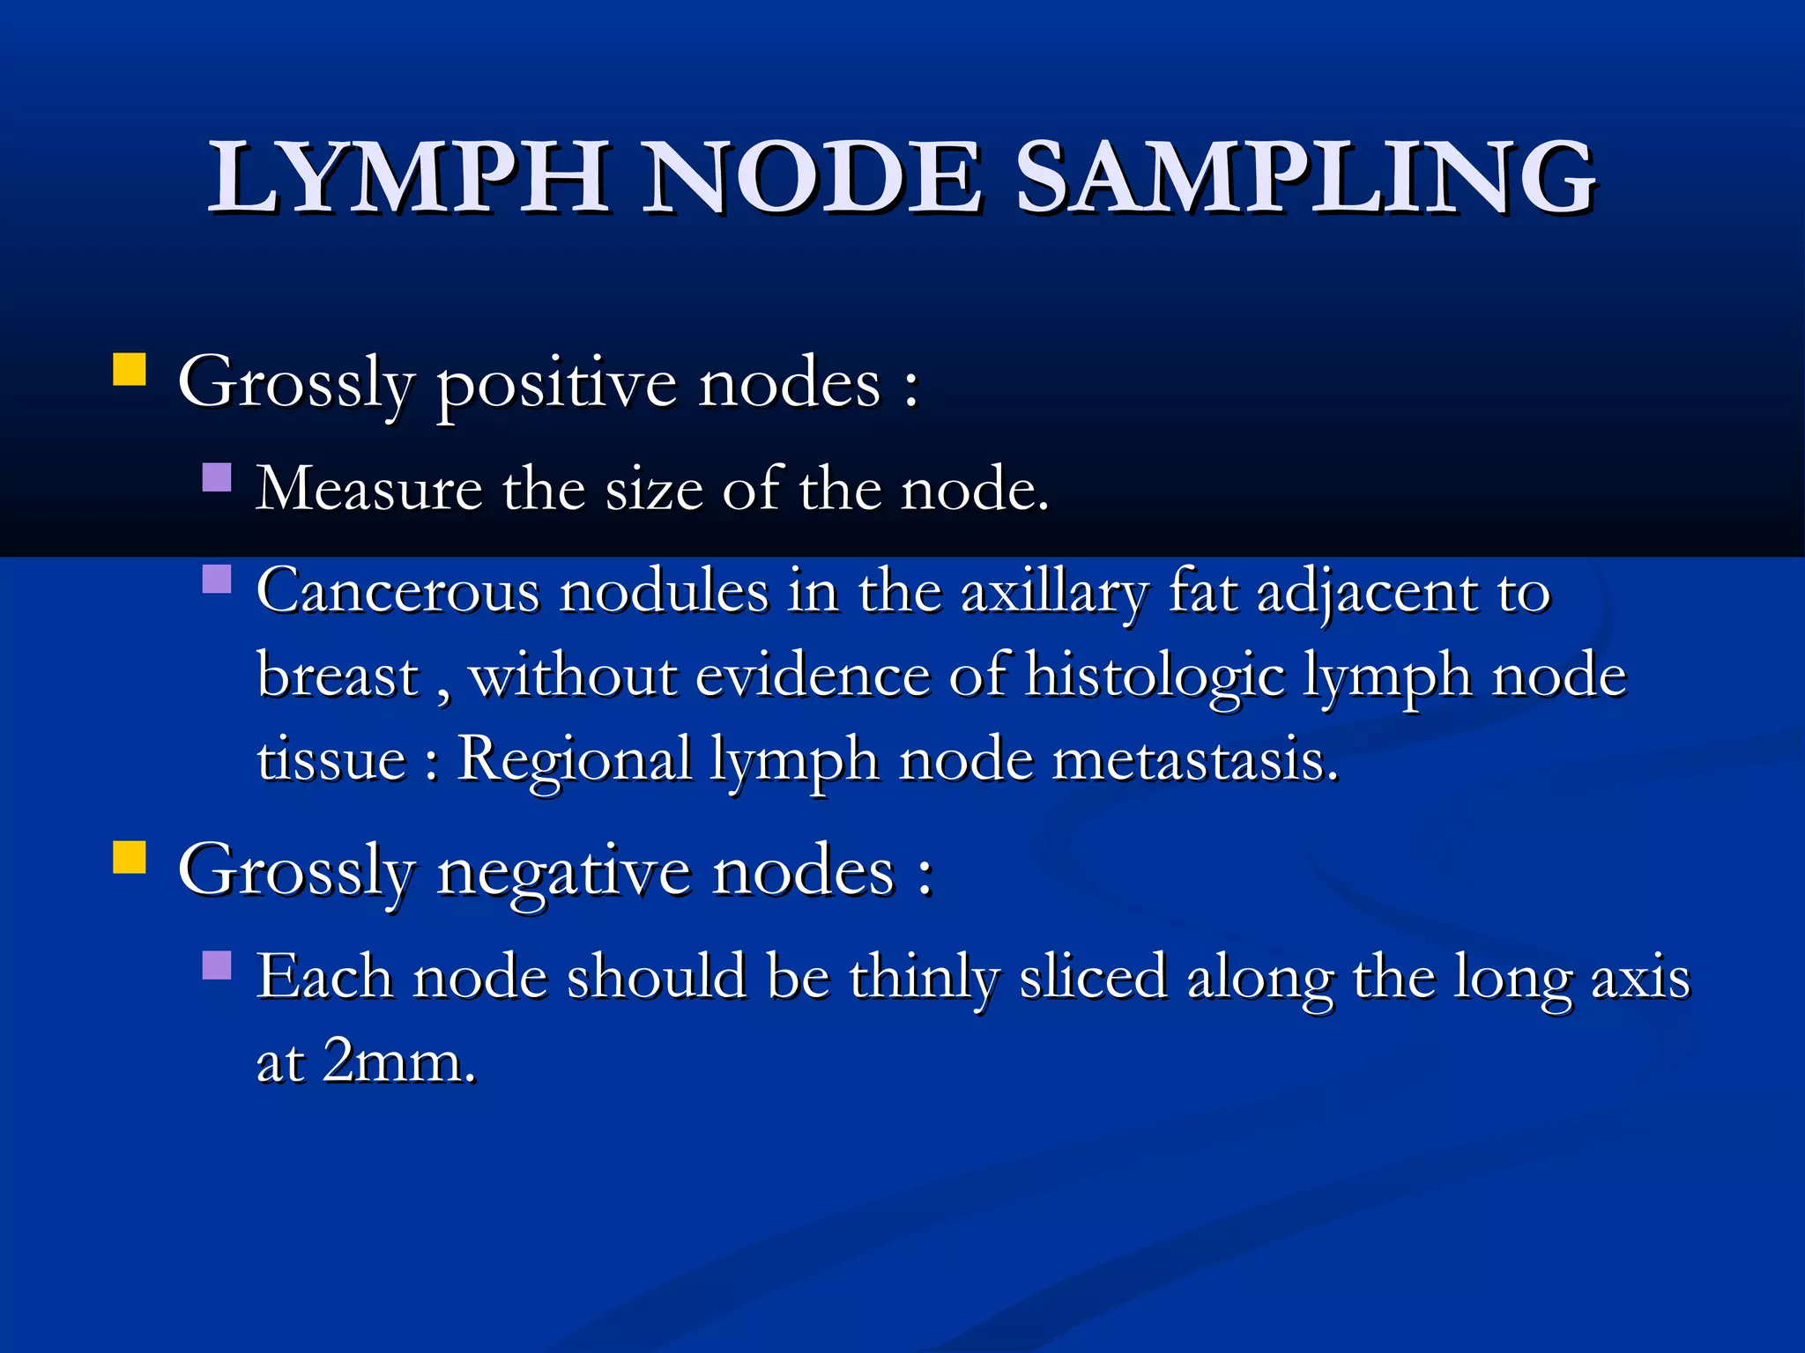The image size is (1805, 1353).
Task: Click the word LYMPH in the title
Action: [408, 178]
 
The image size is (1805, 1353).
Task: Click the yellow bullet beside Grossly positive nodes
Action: [130, 370]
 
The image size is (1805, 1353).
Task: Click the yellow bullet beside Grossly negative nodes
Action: [130, 857]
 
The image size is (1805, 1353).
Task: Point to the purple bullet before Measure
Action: [217, 477]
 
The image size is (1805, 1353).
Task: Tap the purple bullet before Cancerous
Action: [217, 579]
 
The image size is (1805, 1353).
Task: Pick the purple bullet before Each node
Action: [217, 965]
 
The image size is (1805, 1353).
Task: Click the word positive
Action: [558, 385]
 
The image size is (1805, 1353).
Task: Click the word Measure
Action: [368, 489]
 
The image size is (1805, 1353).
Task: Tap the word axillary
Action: [1054, 592]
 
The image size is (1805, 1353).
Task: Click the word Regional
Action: [575, 759]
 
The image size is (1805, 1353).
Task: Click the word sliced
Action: [1092, 978]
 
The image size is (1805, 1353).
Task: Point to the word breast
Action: [338, 676]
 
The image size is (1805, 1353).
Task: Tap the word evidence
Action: [812, 676]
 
